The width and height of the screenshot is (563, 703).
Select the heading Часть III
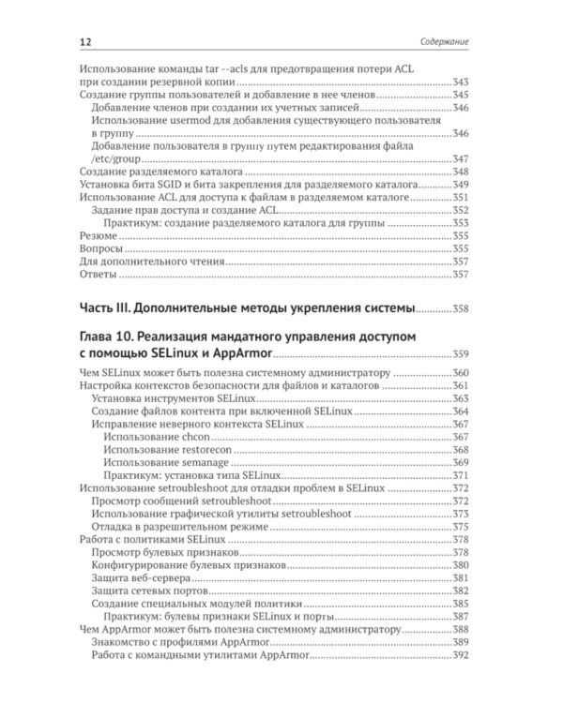click(x=111, y=308)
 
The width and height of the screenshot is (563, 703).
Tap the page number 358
click(x=467, y=309)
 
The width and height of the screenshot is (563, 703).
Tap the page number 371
click(x=467, y=477)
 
